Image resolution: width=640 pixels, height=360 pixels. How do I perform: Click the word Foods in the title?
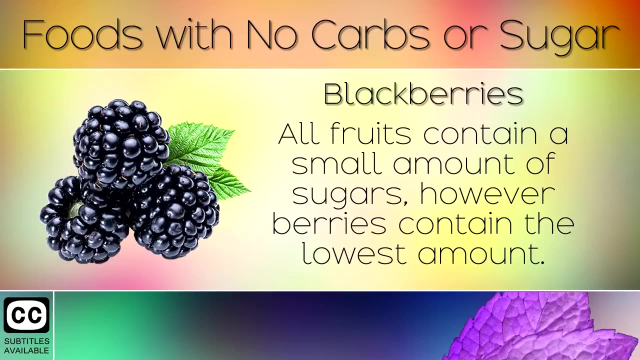82,35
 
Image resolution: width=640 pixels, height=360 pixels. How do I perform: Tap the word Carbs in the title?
370,35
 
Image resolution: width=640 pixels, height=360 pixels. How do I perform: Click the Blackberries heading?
423,93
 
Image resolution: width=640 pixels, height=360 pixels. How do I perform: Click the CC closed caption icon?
26,315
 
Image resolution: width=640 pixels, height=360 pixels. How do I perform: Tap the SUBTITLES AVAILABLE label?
26,345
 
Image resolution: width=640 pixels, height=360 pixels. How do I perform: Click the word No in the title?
268,35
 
